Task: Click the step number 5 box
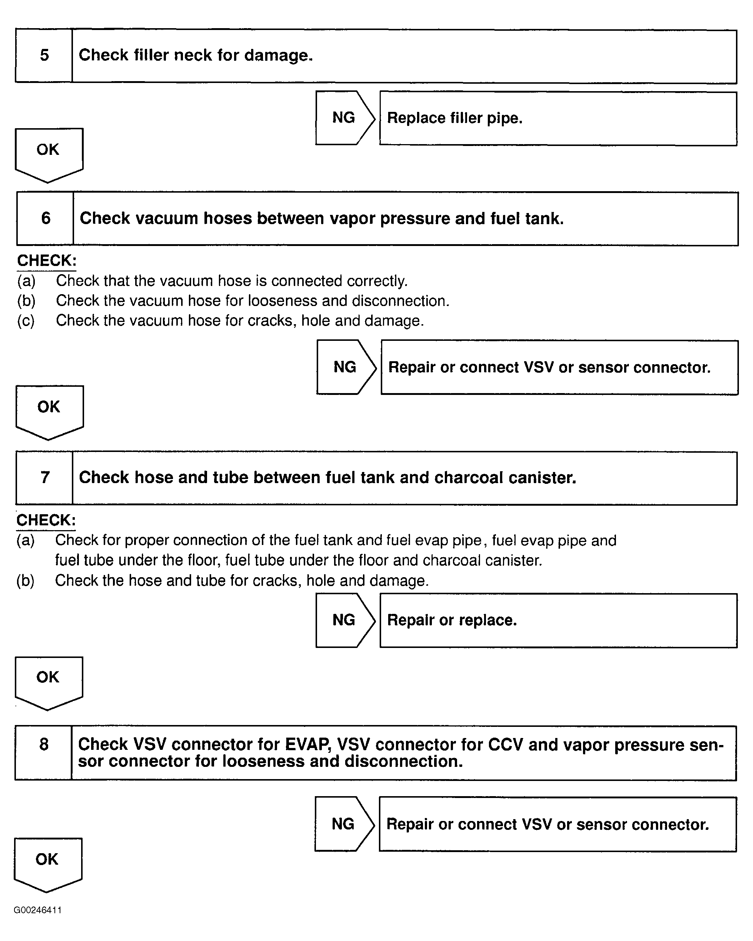point(44,56)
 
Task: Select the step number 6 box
point(45,218)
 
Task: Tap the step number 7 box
point(45,478)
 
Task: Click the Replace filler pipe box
point(558,118)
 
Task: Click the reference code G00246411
point(37,910)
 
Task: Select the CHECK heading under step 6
point(47,260)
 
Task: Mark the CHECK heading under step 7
point(46,520)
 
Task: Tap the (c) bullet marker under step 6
point(26,321)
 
